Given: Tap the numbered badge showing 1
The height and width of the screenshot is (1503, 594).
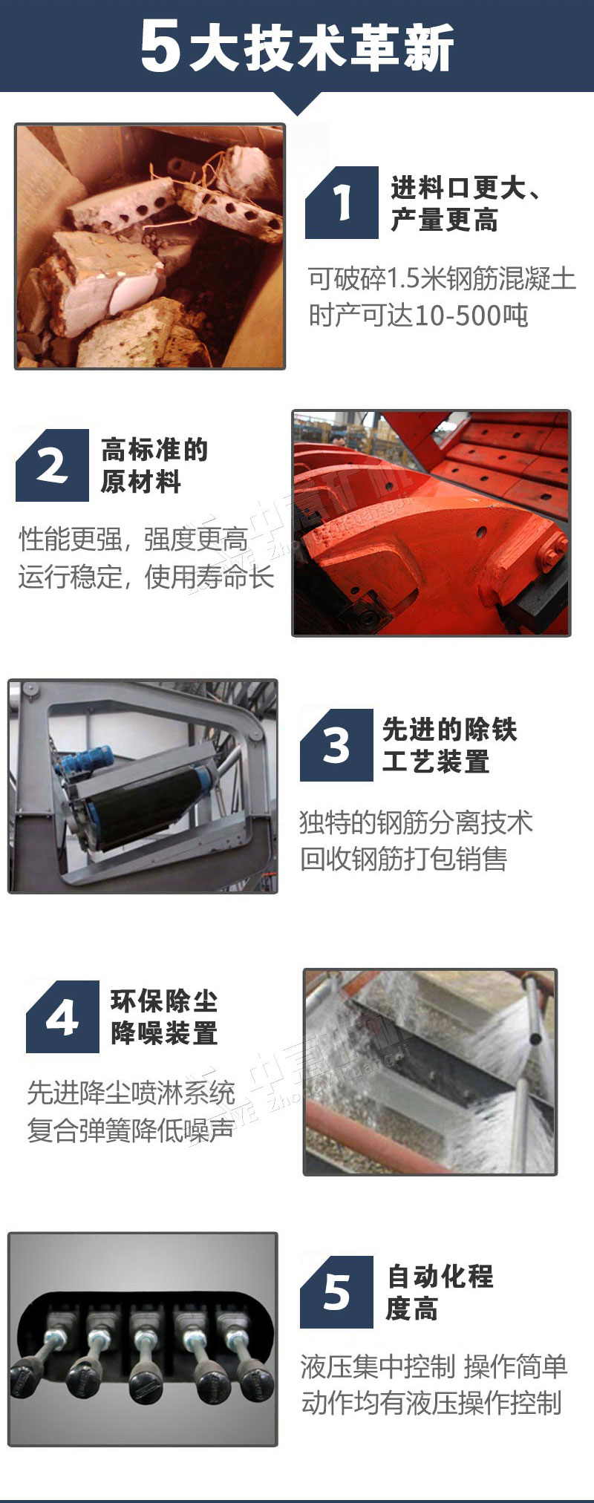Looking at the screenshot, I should point(342,202).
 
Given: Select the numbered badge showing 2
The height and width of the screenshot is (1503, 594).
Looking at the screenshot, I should point(52,465).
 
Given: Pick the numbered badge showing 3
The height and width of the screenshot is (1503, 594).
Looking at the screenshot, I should point(336,744).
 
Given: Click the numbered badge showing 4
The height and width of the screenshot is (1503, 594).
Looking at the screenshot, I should point(62,1017).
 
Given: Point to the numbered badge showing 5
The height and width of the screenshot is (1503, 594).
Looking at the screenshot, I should point(336,1292).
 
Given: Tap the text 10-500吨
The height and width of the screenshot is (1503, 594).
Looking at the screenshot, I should point(471,316).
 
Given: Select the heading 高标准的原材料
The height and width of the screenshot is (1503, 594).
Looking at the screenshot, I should point(154,465).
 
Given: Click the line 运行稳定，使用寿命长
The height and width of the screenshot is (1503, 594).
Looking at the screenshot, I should point(146,577).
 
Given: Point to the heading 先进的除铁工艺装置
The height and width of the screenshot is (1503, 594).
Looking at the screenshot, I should point(449,745).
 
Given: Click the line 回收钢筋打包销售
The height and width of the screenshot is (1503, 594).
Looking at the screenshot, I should point(403,859).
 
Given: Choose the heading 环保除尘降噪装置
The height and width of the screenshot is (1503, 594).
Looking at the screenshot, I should point(164,1017).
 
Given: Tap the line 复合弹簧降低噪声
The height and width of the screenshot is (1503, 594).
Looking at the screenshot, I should point(131,1130).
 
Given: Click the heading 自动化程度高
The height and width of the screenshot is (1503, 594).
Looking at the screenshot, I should point(440,1292).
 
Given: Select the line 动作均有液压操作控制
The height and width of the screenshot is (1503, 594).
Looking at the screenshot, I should point(431,1404).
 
